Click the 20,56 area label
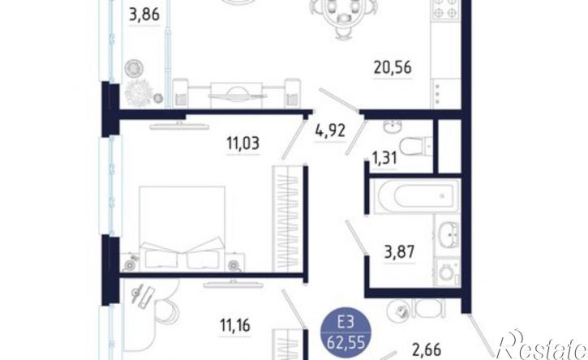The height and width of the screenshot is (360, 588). [393, 67]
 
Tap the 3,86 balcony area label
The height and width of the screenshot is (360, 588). [144, 15]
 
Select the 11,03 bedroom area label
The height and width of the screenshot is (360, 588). [242, 144]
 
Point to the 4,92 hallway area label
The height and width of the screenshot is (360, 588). [330, 131]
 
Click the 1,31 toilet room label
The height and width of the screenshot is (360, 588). [384, 158]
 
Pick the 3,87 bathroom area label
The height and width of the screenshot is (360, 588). [399, 251]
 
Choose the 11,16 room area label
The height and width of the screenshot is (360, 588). [234, 325]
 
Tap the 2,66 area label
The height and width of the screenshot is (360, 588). [427, 350]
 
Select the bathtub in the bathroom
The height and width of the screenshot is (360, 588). [417, 196]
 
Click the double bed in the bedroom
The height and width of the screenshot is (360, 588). [182, 228]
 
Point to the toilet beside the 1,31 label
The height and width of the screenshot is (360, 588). [416, 145]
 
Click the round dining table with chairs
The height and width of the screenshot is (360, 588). [343, 15]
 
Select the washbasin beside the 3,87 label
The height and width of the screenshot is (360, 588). [448, 235]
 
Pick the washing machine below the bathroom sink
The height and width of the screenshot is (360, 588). [448, 272]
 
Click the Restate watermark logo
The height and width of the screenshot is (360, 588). [541, 345]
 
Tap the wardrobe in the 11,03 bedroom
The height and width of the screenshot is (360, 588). [288, 219]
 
